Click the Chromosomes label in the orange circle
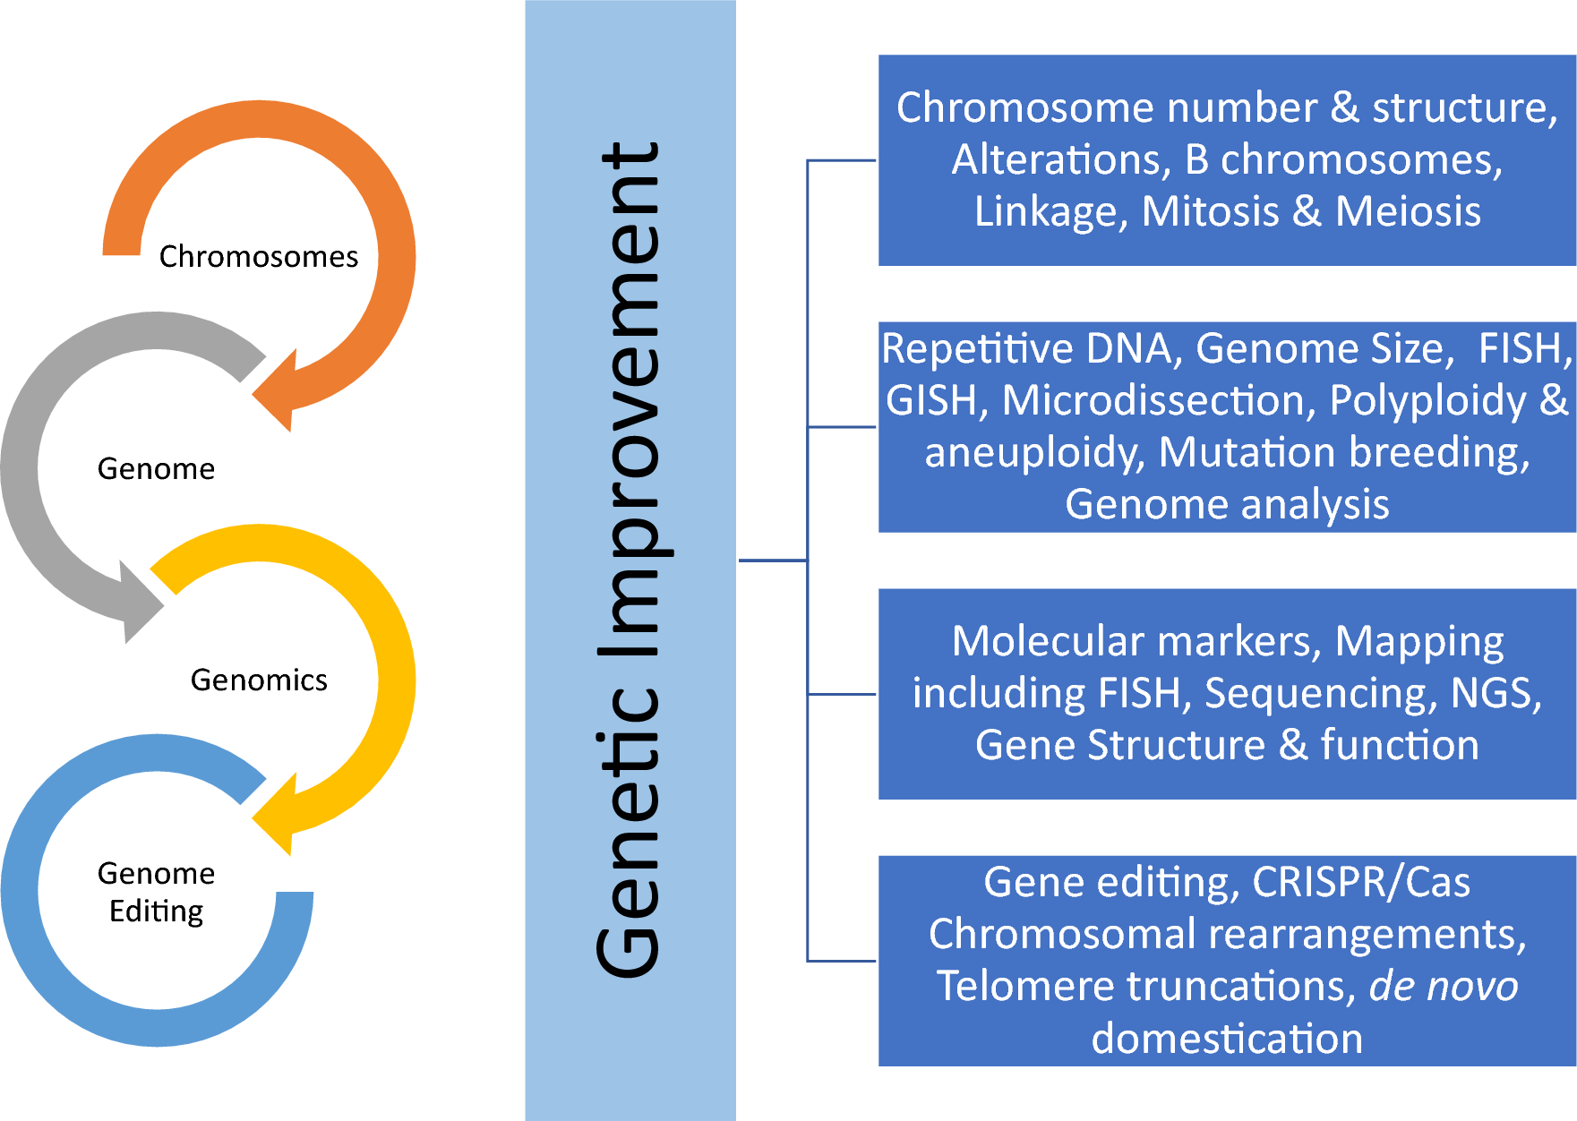[258, 257]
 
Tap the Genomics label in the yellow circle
[259, 680]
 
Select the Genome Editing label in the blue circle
[157, 892]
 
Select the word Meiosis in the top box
[1408, 211]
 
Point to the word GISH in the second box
[931, 400]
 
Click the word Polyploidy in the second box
[1427, 400]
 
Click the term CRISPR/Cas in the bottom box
[1361, 882]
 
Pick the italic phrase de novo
[1443, 986]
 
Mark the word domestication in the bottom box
[1227, 1039]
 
